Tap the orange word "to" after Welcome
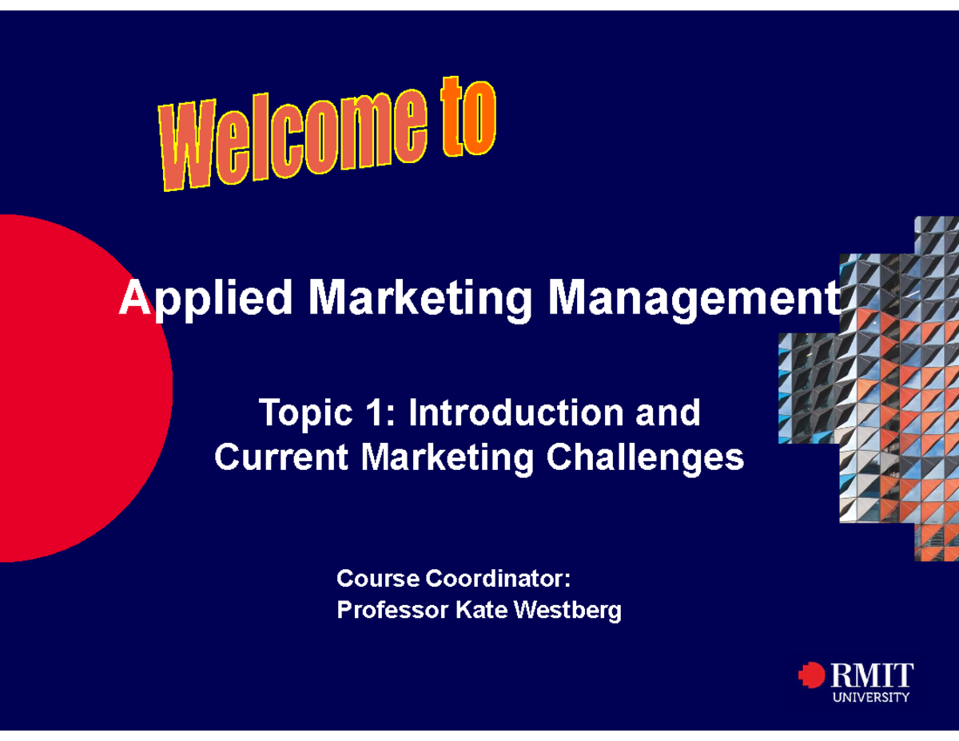[466, 121]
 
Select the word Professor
[392, 611]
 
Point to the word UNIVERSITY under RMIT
[871, 697]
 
